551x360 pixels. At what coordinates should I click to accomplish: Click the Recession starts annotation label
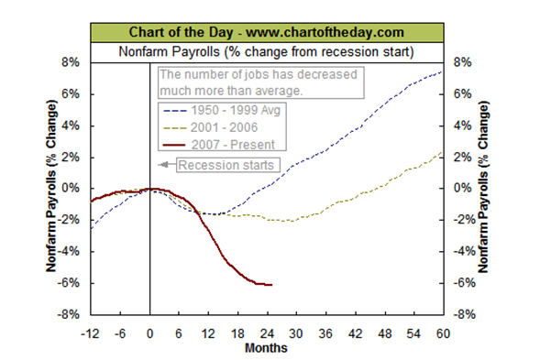tap(225, 165)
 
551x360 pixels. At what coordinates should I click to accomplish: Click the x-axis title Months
tap(267, 347)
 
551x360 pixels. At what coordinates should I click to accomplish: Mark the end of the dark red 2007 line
tap(271, 285)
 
